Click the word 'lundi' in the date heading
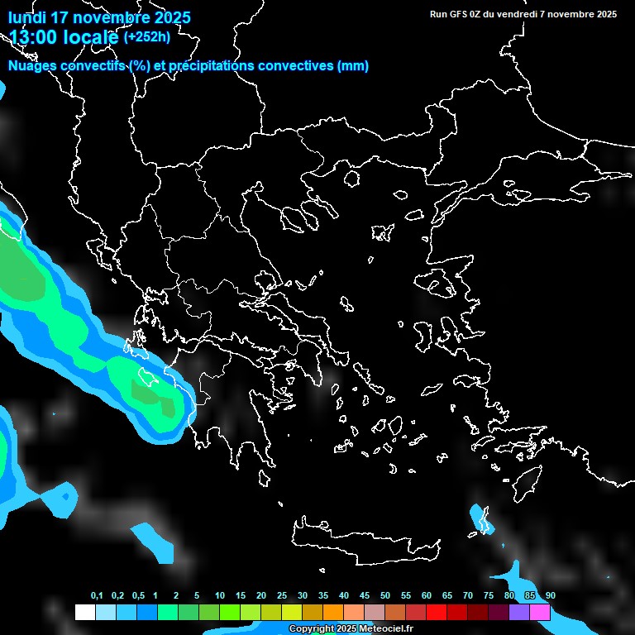(26, 17)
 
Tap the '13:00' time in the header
(32, 37)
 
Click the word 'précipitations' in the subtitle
(213, 66)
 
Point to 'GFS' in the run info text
(459, 14)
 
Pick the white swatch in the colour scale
(84, 612)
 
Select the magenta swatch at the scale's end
(540, 612)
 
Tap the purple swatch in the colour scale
(519, 612)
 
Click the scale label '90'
(551, 596)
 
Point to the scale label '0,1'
(97, 596)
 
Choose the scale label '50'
(385, 596)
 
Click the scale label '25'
(282, 596)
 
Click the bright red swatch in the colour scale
(437, 612)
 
